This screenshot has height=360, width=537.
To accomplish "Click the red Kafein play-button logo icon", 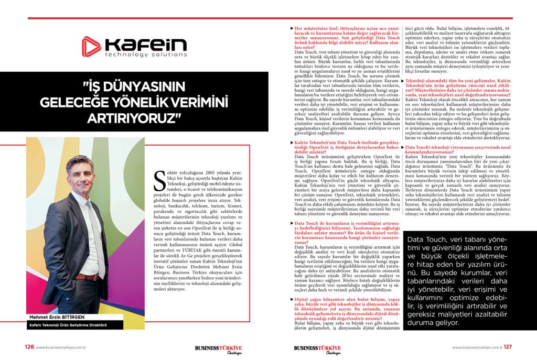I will (x=93, y=46).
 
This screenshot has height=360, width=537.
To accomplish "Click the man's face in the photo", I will (x=79, y=173).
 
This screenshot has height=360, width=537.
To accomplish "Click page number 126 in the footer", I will (x=30, y=346).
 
